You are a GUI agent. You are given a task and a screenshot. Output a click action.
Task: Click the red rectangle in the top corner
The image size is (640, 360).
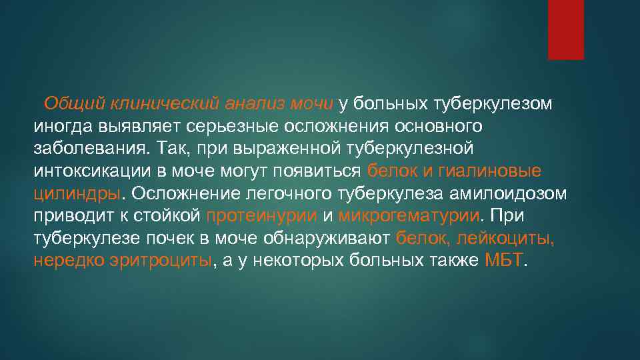565,29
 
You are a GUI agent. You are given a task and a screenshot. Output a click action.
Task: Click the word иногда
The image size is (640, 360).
63,126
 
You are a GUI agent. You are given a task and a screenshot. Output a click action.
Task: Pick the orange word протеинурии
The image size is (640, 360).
262,215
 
